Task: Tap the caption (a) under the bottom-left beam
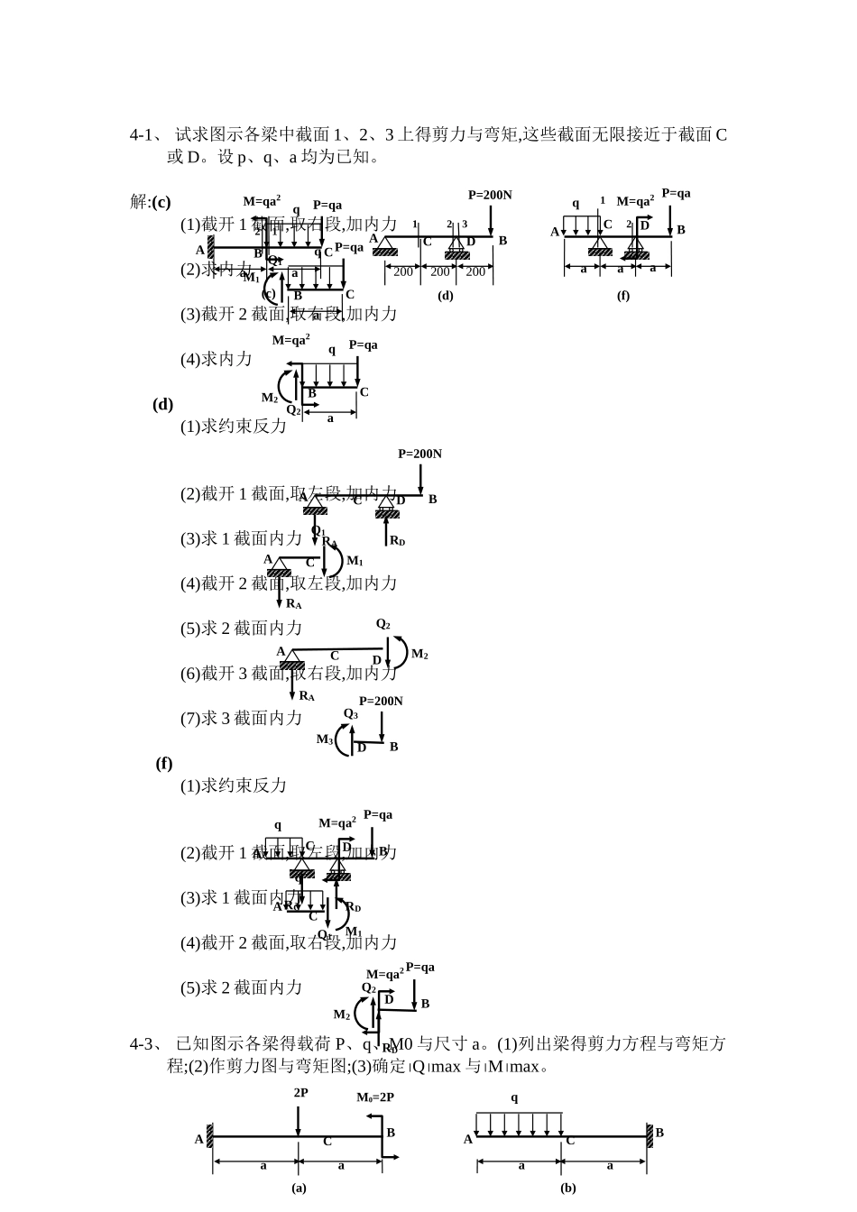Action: [x=299, y=1188]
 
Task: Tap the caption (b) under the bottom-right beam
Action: [x=568, y=1188]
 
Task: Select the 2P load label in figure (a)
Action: [x=300, y=1092]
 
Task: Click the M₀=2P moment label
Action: [x=375, y=1097]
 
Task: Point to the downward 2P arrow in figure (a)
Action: [x=298, y=1119]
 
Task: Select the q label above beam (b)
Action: [x=514, y=1097]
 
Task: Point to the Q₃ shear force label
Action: [x=351, y=714]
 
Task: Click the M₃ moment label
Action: [x=325, y=739]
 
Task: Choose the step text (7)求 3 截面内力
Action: [x=242, y=718]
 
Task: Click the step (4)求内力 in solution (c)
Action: [x=217, y=359]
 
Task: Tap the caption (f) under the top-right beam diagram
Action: [x=622, y=295]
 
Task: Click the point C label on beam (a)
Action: [x=327, y=1142]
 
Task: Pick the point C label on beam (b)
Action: [x=570, y=1141]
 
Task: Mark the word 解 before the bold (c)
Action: [x=139, y=202]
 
